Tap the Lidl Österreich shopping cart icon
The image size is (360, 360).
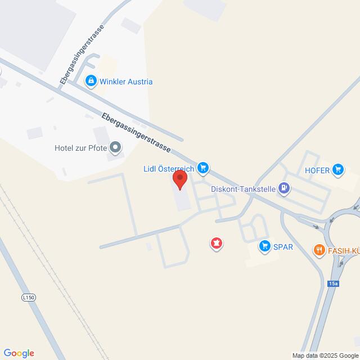(x=204, y=168)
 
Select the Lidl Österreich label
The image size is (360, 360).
(x=168, y=168)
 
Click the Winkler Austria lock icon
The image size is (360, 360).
(x=90, y=82)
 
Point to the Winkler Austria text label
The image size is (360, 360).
(x=126, y=82)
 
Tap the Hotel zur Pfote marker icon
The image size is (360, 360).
(x=115, y=148)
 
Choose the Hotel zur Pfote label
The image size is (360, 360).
(x=80, y=148)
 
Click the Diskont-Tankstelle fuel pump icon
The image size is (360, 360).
(x=285, y=189)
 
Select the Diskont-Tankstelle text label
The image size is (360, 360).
(x=243, y=189)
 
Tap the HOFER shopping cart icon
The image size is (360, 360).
(x=337, y=168)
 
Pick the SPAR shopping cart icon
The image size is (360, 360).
(x=264, y=246)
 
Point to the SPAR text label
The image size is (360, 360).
(x=283, y=246)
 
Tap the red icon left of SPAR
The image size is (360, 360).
(x=216, y=243)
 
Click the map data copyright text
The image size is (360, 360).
(x=324, y=355)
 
